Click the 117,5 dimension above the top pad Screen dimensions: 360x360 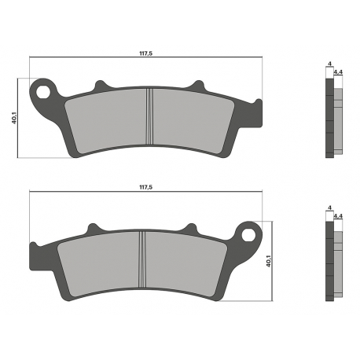[145, 53]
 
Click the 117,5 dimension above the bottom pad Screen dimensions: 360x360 [145, 187]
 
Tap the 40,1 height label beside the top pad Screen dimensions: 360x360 [14, 118]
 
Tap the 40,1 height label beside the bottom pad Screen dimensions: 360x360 [268, 261]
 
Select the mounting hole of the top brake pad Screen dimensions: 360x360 [42, 92]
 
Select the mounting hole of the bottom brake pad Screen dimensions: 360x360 [248, 235]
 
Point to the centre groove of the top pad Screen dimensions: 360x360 [149, 116]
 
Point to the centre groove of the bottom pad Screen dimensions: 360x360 [142, 259]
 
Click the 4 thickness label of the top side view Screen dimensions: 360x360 [330, 64]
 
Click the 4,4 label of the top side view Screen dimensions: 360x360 [339, 72]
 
